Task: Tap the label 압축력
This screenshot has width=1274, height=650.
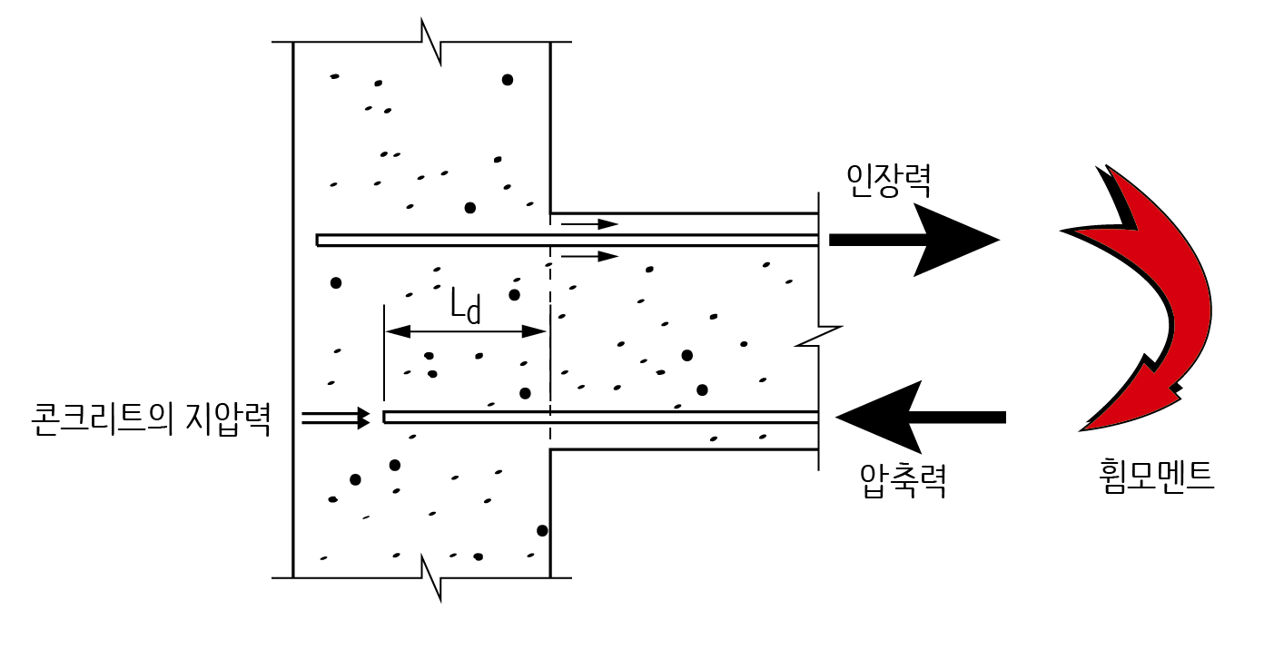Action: pyautogui.click(x=903, y=482)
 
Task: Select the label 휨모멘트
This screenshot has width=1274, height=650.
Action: pyautogui.click(x=1155, y=476)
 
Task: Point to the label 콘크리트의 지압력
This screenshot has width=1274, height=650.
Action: pyautogui.click(x=151, y=419)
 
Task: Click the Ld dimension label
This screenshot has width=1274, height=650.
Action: pyautogui.click(x=465, y=306)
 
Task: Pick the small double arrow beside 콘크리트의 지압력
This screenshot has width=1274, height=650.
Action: pyautogui.click(x=336, y=418)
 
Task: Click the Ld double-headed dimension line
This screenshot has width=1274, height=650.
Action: pyautogui.click(x=466, y=332)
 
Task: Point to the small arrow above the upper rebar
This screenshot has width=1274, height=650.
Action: pyautogui.click(x=589, y=223)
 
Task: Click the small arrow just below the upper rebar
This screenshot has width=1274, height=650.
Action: pyautogui.click(x=589, y=256)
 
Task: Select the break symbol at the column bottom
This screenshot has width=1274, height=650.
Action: pyautogui.click(x=431, y=577)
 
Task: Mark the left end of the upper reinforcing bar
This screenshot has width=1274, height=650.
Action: pyautogui.click(x=319, y=240)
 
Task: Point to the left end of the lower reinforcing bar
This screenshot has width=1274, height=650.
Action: pyautogui.click(x=386, y=418)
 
